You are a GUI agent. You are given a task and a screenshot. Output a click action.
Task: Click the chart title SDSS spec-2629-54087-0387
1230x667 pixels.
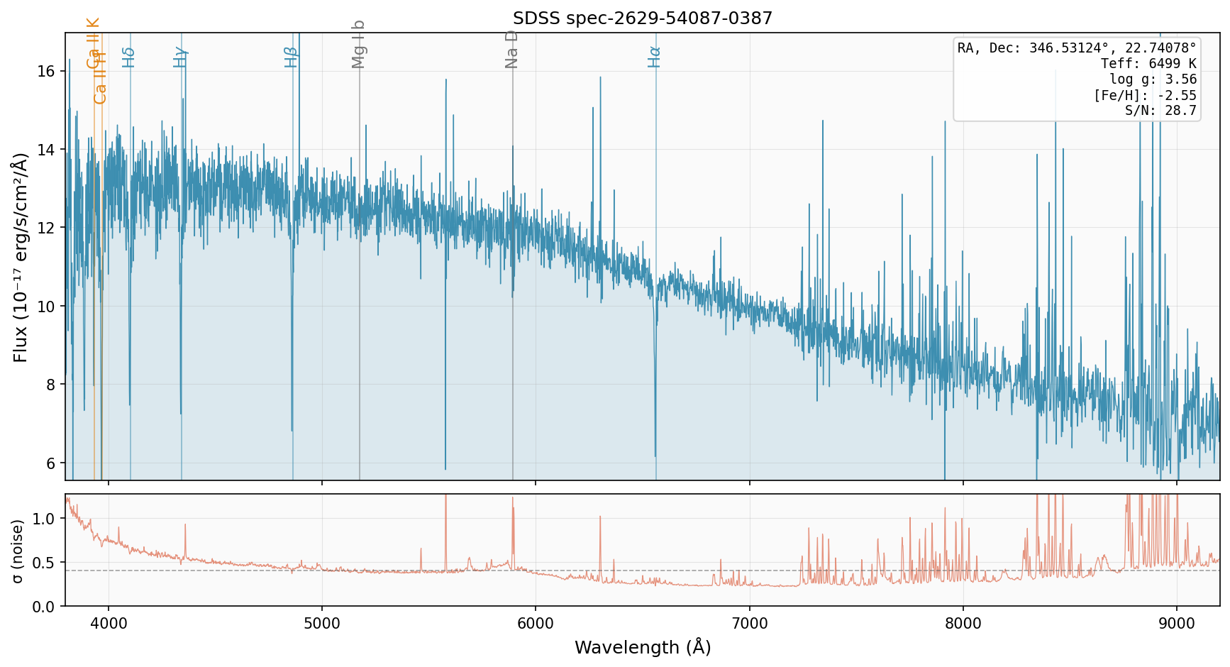642,18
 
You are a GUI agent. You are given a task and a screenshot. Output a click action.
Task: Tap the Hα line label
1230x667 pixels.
655,57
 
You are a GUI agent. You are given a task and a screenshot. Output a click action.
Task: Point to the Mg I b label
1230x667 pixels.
359,44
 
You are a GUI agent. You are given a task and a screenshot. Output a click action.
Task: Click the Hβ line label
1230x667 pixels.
291,57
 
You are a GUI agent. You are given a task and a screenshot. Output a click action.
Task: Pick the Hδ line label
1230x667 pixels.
128,57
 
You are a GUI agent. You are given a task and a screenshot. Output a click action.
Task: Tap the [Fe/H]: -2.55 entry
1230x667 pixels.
1145,95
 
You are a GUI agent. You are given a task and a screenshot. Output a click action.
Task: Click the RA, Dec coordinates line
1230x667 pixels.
1077,48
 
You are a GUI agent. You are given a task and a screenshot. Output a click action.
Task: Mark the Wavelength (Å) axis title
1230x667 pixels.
642,647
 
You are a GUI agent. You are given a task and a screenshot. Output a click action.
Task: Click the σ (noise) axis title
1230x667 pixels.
18,551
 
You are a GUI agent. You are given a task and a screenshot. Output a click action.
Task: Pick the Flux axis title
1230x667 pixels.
20,257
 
